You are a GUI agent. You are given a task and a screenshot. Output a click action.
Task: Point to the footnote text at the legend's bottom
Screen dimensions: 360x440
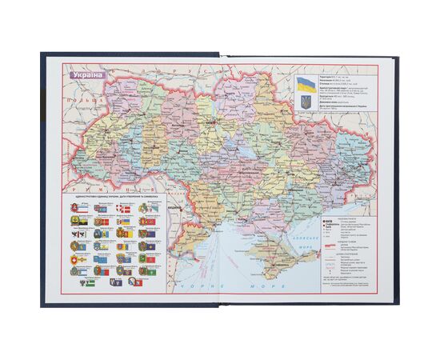tap(352, 283)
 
